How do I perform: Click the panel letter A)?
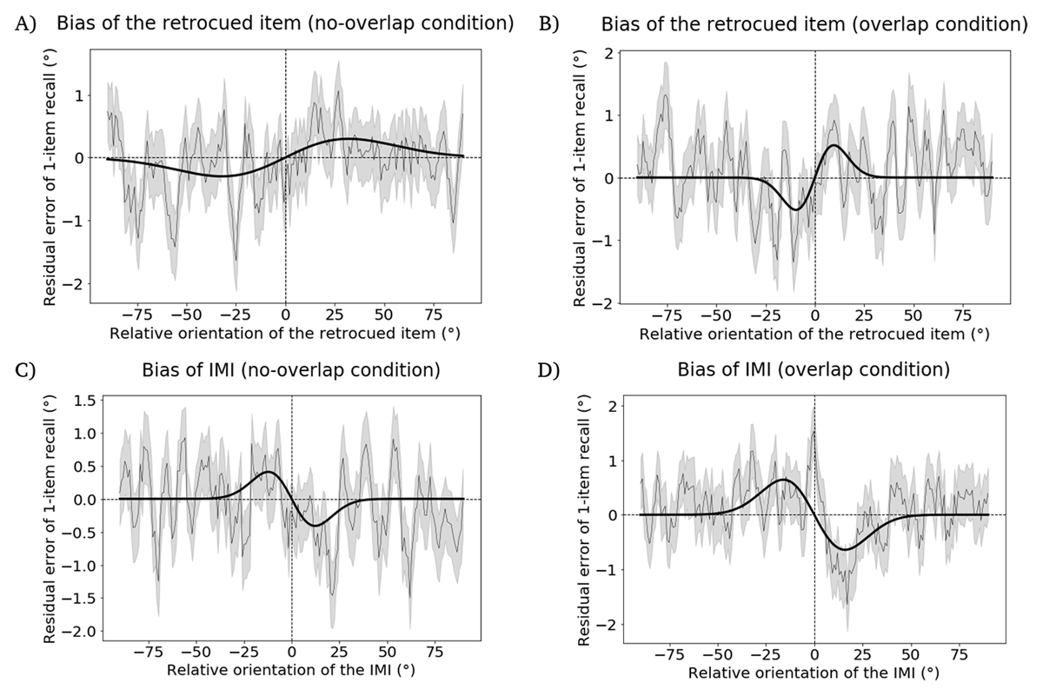tap(25, 23)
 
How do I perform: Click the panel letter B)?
tap(548, 23)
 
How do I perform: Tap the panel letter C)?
tap(25, 369)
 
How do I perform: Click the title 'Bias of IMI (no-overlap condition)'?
tap(289, 369)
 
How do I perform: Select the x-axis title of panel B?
tap(814, 334)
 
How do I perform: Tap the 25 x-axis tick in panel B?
tap(864, 315)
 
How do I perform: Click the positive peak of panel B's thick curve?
tap(834, 146)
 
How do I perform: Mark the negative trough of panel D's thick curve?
tap(845, 548)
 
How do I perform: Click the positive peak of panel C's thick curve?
tap(269, 473)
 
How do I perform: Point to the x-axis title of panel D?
tap(814, 673)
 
